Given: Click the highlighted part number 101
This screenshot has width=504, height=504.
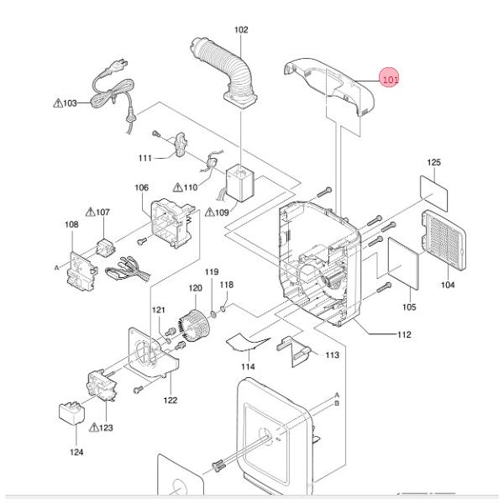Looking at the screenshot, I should click(390, 80).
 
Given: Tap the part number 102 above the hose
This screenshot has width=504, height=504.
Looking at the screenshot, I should click(241, 30).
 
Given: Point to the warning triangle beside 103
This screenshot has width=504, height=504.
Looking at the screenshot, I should click(57, 103).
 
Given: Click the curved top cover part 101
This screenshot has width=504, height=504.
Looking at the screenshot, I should click(332, 85).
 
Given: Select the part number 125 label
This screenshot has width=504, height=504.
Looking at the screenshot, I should click(433, 161).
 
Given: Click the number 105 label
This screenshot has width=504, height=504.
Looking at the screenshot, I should click(408, 307).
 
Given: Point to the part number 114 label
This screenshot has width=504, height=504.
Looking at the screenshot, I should click(248, 366).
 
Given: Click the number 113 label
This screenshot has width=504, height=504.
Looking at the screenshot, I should click(332, 355).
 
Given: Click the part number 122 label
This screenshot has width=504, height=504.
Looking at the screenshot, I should click(170, 400).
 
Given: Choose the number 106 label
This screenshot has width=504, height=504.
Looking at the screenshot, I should click(141, 188).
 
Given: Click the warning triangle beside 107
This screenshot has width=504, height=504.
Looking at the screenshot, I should click(89, 212).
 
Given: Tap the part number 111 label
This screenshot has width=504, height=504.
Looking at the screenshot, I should click(144, 158).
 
